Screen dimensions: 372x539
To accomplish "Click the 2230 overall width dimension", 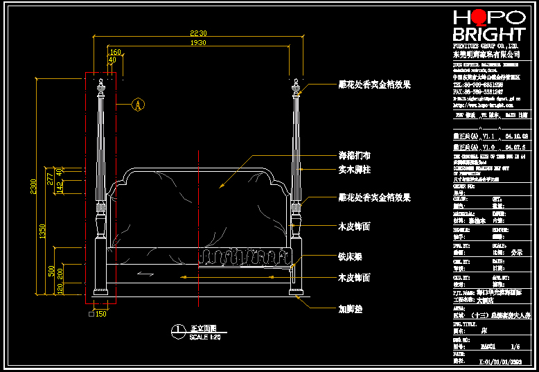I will click(x=199, y=33).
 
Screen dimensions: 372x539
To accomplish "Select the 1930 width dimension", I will click(x=199, y=43).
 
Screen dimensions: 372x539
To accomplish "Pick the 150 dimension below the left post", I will click(x=100, y=314).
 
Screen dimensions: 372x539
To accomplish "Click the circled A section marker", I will click(x=138, y=105).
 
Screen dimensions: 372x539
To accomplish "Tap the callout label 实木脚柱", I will click(x=354, y=168).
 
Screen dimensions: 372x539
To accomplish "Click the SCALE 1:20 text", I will click(x=204, y=336).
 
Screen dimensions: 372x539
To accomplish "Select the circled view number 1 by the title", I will click(x=178, y=330).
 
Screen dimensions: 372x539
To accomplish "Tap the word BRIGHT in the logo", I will click(x=488, y=35).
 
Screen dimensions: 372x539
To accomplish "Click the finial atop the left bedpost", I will click(x=101, y=87).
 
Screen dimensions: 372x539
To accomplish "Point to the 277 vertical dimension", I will click(x=51, y=179).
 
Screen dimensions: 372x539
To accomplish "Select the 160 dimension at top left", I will click(x=115, y=52).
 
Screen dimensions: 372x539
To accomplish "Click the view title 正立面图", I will click(x=204, y=328).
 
